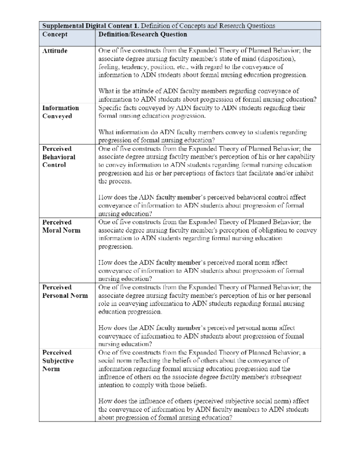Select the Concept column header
[55, 34]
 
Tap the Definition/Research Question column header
[142, 34]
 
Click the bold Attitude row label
[55, 51]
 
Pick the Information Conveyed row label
[60, 112]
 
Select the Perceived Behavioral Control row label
[58, 157]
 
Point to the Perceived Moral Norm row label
[61, 226]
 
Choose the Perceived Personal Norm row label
[65, 291]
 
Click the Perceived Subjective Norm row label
[58, 361]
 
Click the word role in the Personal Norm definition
[103, 304]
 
